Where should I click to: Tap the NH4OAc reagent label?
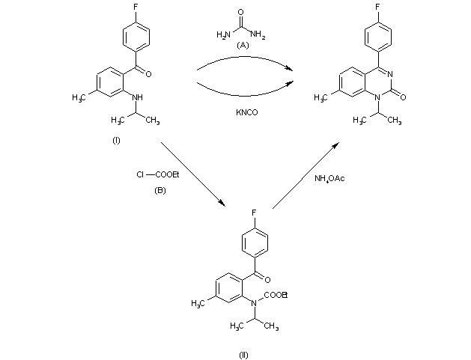pos(331,177)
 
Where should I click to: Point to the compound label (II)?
pos(243,344)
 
